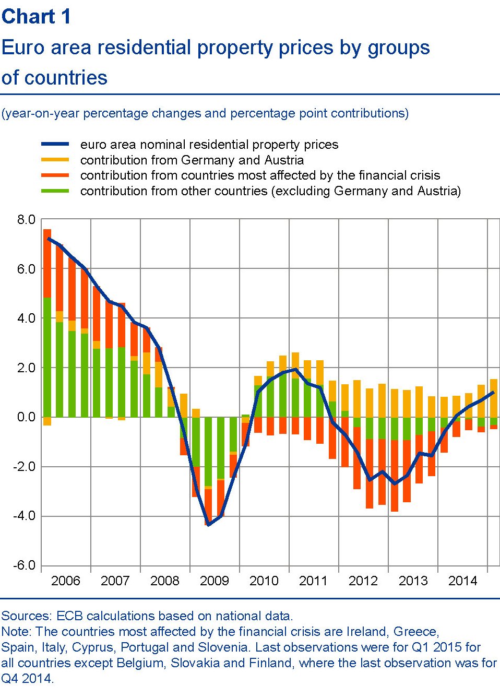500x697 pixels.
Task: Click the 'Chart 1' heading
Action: point(36,17)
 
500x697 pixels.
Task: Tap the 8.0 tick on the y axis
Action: point(26,220)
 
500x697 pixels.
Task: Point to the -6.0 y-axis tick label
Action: point(25,565)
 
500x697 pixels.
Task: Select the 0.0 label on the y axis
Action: point(26,417)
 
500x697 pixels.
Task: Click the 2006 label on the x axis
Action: point(65,581)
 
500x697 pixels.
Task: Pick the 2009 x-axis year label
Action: point(214,581)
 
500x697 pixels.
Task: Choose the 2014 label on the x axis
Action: point(462,581)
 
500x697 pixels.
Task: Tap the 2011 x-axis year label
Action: point(313,581)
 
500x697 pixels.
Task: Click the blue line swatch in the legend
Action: point(55,145)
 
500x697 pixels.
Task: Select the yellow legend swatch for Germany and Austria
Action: point(55,160)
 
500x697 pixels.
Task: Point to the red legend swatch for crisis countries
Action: point(55,175)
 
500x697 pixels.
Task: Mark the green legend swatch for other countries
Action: point(55,191)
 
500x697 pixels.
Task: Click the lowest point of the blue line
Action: point(208,524)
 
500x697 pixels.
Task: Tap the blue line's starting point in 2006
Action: point(47,239)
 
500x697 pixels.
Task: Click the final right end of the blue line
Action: point(493,392)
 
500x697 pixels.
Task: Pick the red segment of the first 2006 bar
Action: point(47,264)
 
